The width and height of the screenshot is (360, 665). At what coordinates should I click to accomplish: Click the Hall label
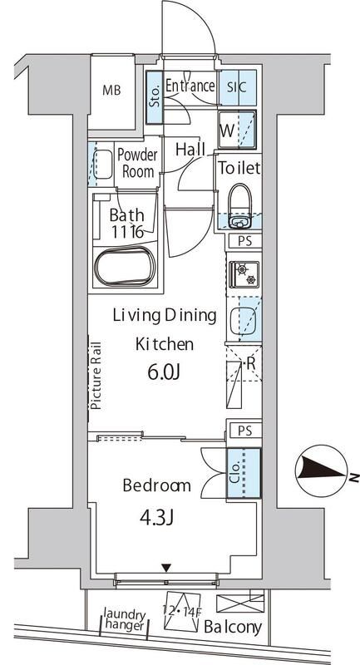click(190, 150)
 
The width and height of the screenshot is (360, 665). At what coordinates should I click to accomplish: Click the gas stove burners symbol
click(243, 272)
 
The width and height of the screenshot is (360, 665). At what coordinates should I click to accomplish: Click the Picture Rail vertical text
click(96, 376)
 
